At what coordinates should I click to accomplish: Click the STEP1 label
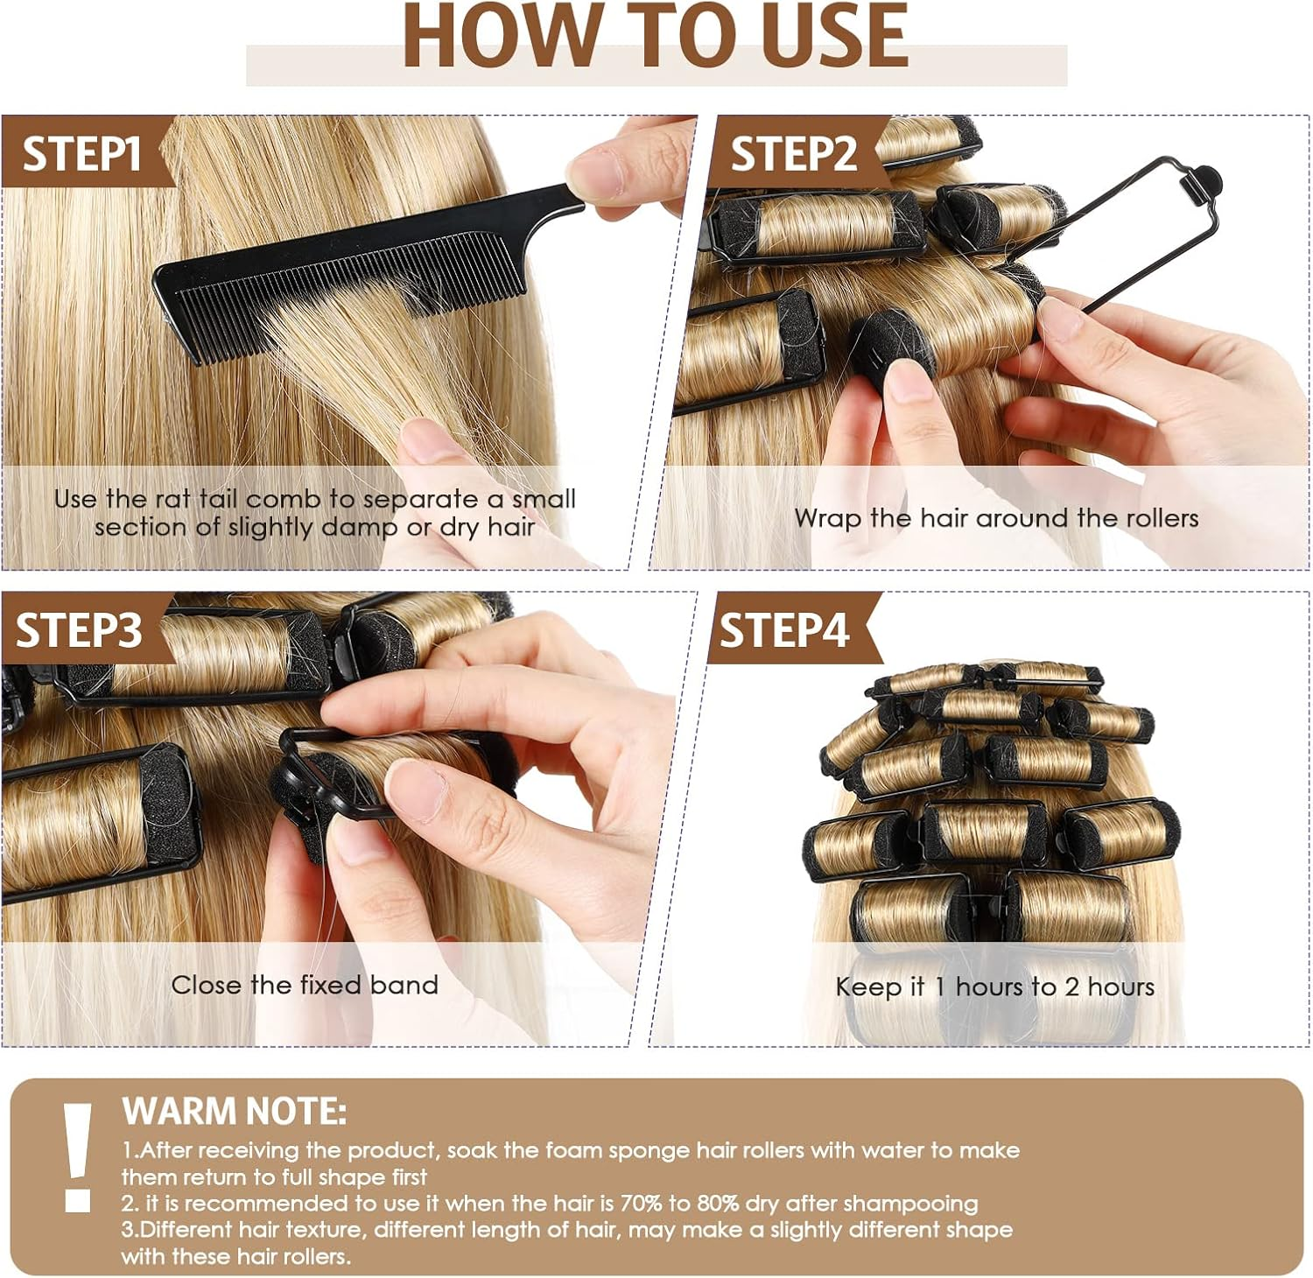[x=81, y=154]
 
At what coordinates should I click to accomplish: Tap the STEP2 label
[x=793, y=154]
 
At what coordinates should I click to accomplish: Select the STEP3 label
[x=79, y=630]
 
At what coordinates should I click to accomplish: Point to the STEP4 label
[x=783, y=630]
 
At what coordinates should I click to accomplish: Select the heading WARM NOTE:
[x=234, y=1112]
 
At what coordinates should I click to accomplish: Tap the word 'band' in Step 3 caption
[x=404, y=985]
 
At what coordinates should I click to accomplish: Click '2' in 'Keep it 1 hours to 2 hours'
[x=1071, y=987]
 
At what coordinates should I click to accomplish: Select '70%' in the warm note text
[x=641, y=1204]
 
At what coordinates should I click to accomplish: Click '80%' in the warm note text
[x=718, y=1204]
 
